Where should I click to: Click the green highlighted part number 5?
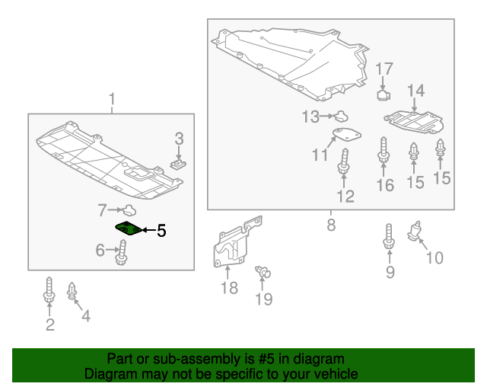click(x=128, y=229)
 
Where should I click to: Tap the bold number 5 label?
click(x=161, y=231)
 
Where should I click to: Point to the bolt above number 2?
click(x=49, y=290)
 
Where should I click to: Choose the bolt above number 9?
click(x=390, y=238)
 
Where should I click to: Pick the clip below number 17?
click(x=384, y=95)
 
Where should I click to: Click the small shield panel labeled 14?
click(x=414, y=120)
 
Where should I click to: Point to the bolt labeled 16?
click(x=384, y=150)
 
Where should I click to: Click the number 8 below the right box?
click(x=331, y=225)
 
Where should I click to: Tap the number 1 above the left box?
click(x=112, y=99)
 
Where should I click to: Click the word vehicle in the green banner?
click(x=332, y=374)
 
